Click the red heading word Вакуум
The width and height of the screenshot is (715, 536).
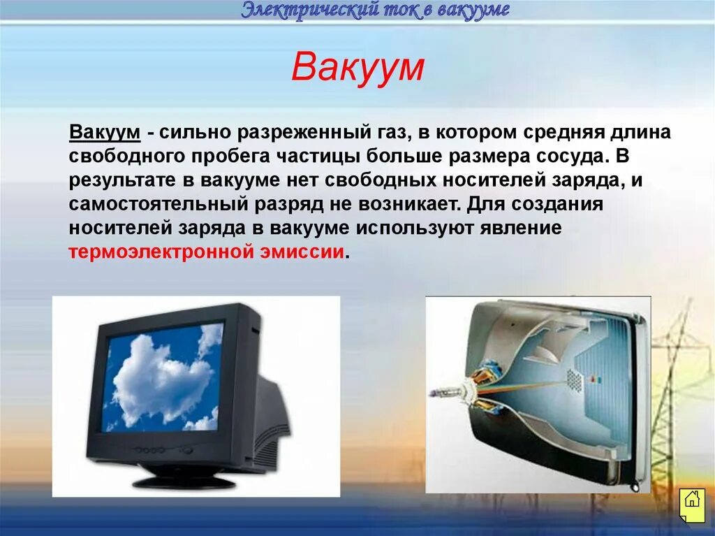point(357,68)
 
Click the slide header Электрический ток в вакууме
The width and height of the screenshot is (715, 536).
point(376,10)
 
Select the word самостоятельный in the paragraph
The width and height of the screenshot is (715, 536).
point(154,205)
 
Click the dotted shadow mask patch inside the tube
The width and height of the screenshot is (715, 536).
point(574,379)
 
